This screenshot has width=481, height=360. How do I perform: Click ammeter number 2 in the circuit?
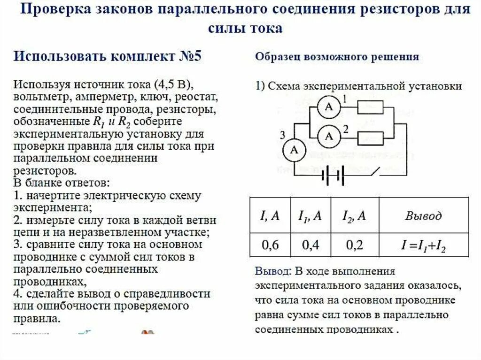click(329, 137)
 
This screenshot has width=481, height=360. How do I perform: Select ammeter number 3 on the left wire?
click(294, 150)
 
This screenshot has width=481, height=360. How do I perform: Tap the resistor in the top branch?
click(371, 107)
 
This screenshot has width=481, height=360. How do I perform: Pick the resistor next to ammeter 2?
click(371, 138)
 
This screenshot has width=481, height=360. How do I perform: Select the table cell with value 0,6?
click(270, 245)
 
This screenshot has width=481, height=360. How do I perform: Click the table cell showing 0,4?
click(310, 245)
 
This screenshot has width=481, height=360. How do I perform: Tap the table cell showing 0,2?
click(354, 245)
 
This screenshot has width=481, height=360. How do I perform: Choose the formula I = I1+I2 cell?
click(423, 245)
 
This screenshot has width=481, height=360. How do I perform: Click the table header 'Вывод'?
click(423, 216)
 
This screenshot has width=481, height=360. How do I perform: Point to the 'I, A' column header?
click(270, 216)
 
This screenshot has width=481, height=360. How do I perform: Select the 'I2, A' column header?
click(354, 216)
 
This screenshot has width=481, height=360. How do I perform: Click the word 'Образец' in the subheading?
click(278, 57)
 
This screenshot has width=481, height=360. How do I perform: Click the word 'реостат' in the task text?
click(198, 98)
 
